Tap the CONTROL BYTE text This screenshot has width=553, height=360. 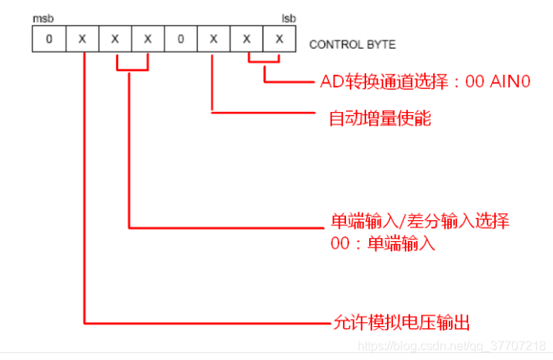click(x=352, y=44)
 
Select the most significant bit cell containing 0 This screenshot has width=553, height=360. click(x=49, y=39)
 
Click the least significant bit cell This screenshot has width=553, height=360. click(x=279, y=39)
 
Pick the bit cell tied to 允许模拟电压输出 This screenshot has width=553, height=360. click(x=82, y=39)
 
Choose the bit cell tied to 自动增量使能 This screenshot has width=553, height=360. click(x=213, y=39)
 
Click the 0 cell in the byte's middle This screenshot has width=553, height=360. click(x=180, y=39)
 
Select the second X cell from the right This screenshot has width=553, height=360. click(x=246, y=39)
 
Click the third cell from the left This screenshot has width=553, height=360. click(x=115, y=39)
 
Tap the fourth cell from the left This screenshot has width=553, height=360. click(x=148, y=39)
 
